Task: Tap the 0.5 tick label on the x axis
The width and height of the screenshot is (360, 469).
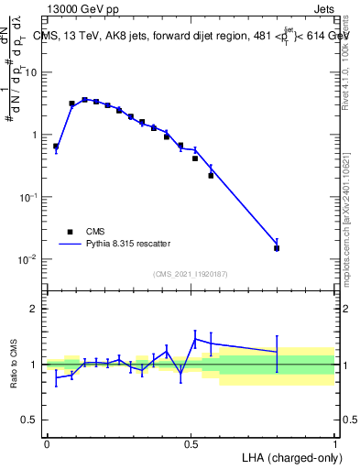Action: [x=191, y=442]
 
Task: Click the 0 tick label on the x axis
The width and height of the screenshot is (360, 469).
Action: [x=47, y=442]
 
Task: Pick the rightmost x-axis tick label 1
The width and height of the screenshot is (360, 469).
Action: [x=335, y=442]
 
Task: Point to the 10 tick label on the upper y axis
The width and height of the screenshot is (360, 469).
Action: [x=30, y=72]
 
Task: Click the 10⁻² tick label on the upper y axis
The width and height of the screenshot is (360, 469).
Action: [x=28, y=260]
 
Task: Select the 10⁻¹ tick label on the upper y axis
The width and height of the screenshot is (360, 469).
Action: [x=28, y=198]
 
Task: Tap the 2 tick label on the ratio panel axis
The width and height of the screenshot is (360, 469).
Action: [x=35, y=309]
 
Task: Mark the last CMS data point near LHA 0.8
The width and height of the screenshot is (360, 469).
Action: [x=277, y=248]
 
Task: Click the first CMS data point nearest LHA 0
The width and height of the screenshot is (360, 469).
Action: [x=56, y=147]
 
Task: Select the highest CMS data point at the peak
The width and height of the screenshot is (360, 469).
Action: [x=84, y=100]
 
